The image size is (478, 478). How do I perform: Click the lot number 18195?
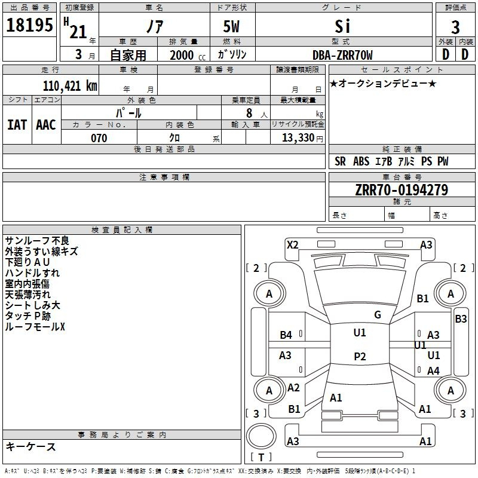(30, 26)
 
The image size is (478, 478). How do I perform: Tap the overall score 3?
(455, 27)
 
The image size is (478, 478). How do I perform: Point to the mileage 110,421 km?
(70, 86)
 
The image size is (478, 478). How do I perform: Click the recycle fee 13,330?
(297, 138)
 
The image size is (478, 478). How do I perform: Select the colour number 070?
(99, 138)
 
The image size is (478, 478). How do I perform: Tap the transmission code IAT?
(17, 125)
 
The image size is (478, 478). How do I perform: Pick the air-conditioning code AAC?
(46, 125)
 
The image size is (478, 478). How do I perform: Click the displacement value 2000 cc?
(182, 55)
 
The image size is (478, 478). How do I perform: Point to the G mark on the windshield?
(378, 315)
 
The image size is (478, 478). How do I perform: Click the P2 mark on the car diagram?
(359, 357)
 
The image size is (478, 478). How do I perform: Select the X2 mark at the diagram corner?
(292, 244)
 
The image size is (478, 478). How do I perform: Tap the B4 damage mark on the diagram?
(286, 335)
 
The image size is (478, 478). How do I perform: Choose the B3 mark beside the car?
(461, 319)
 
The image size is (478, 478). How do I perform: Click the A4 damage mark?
(433, 371)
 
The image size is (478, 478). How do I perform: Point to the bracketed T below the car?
(261, 458)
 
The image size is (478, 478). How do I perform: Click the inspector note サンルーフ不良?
(36, 240)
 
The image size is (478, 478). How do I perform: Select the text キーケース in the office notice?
(31, 447)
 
